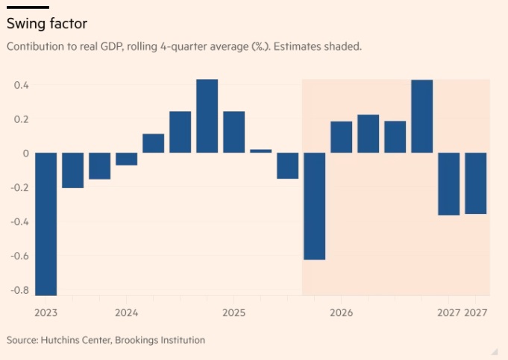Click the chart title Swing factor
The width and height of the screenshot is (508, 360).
[x=47, y=24]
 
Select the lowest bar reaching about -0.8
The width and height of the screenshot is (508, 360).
[x=46, y=224]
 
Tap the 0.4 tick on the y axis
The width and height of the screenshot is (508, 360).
[x=21, y=85]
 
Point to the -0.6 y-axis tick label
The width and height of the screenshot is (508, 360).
[x=19, y=256]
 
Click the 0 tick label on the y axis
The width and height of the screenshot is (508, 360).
[x=25, y=154]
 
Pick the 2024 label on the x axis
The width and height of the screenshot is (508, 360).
[x=126, y=312]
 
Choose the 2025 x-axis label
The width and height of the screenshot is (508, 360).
[x=233, y=312]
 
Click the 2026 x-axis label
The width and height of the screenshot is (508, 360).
[x=341, y=312]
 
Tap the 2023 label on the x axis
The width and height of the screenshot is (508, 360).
[x=46, y=312]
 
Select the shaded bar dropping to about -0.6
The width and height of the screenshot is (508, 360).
[x=315, y=206]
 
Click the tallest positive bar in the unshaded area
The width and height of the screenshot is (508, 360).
[x=207, y=116]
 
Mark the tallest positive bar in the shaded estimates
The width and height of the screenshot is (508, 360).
[x=422, y=116]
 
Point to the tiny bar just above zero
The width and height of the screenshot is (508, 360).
[x=260, y=151]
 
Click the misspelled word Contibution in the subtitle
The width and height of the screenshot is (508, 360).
[x=36, y=46]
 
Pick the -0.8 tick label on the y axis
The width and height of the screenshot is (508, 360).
[x=19, y=290]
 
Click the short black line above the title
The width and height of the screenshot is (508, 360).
[x=28, y=7]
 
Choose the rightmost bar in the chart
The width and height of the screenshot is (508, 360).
[x=476, y=183]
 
